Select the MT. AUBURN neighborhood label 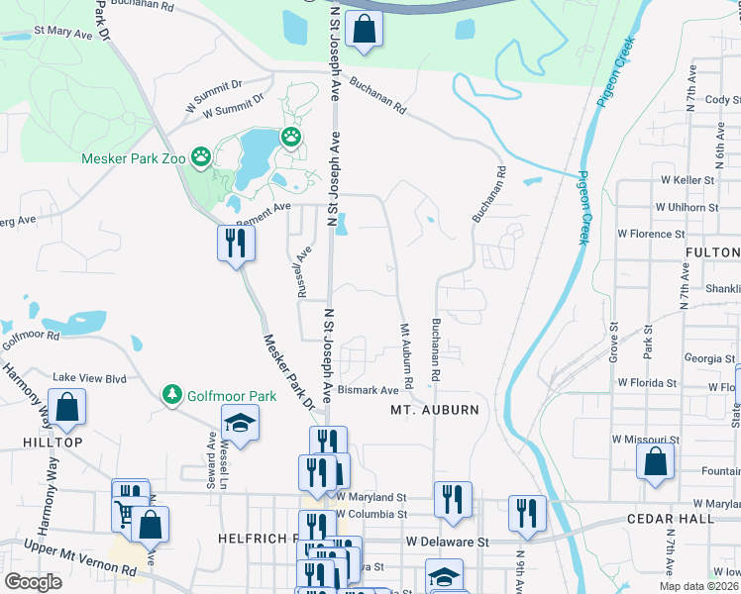pos(435,410)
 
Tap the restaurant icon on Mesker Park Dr pos(237,243)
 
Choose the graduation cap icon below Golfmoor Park pos(239,424)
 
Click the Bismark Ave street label pos(369,391)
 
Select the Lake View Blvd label pos(90,377)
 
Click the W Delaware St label pos(448,542)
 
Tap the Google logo pos(33,582)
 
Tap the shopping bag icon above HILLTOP pos(66,406)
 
